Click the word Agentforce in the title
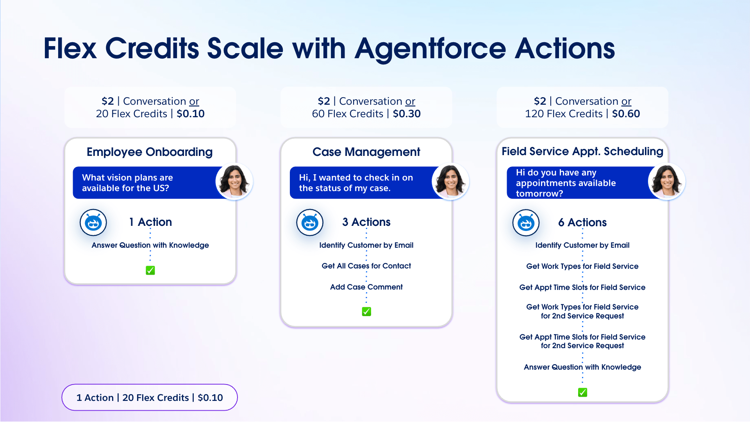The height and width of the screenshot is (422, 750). pyautogui.click(x=430, y=49)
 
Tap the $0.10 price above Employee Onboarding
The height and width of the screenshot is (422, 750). pyautogui.click(x=191, y=114)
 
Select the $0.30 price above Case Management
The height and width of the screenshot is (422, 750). pyautogui.click(x=407, y=114)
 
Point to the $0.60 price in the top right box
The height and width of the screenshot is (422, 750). pyautogui.click(x=626, y=114)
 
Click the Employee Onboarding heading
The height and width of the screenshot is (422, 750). pyautogui.click(x=150, y=152)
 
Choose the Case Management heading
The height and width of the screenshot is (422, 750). pyautogui.click(x=366, y=152)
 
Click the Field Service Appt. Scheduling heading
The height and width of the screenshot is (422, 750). pyautogui.click(x=582, y=151)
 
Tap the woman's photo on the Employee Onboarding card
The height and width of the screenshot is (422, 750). pyautogui.click(x=234, y=181)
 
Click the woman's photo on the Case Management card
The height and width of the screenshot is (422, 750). pyautogui.click(x=450, y=181)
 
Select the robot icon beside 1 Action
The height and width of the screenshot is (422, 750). pyautogui.click(x=93, y=222)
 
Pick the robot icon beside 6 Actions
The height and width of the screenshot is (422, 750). pyautogui.click(x=526, y=223)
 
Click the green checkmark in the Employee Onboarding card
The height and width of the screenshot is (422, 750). pyautogui.click(x=150, y=270)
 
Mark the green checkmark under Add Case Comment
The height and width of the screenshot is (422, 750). pyautogui.click(x=366, y=311)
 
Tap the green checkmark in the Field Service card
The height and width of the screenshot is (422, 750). pyautogui.click(x=582, y=392)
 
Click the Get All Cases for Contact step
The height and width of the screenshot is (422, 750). pyautogui.click(x=366, y=266)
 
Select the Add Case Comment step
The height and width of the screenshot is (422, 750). pyautogui.click(x=366, y=287)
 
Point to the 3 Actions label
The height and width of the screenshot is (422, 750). pyautogui.click(x=366, y=222)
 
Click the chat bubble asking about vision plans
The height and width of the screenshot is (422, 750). pyautogui.click(x=148, y=183)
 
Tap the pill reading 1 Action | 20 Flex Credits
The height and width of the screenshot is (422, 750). pyautogui.click(x=150, y=397)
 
